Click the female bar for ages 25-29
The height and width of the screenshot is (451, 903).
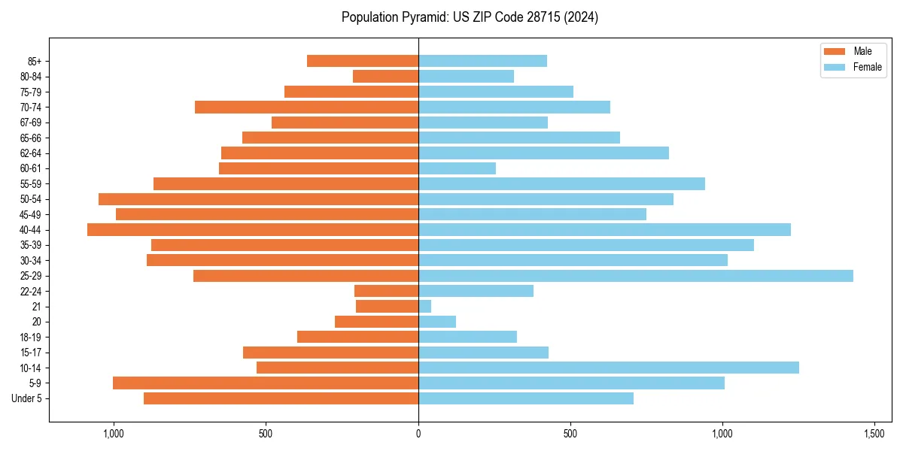(x=636, y=276)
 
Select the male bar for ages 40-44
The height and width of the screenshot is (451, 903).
(x=253, y=230)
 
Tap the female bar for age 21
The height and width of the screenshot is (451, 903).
(x=425, y=307)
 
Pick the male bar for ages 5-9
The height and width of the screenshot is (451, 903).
(x=266, y=383)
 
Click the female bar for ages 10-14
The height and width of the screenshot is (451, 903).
(x=609, y=368)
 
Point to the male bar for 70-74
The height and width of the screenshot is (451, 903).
(x=306, y=107)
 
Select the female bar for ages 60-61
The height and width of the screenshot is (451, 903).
(x=457, y=168)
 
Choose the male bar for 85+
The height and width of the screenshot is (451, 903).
(x=363, y=61)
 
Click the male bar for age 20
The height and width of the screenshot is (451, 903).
(x=376, y=322)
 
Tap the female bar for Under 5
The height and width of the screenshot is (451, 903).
(x=526, y=398)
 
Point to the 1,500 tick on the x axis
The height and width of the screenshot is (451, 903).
(x=874, y=434)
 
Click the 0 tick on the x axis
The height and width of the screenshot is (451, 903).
(x=418, y=434)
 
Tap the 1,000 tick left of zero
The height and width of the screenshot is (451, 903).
(x=114, y=434)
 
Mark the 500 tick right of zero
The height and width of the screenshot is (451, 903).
(x=570, y=434)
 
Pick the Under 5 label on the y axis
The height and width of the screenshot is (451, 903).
(x=27, y=398)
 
